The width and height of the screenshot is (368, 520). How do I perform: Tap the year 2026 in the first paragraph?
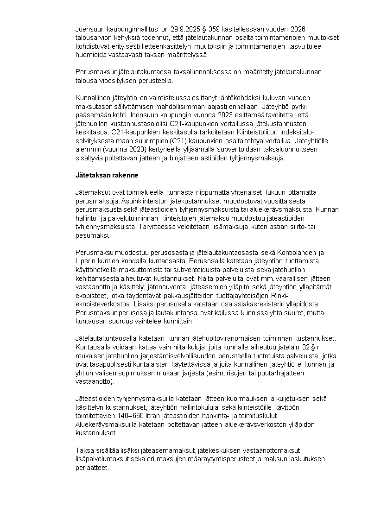pyautogui.click(x=298, y=30)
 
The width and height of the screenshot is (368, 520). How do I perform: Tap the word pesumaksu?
pyautogui.click(x=91, y=235)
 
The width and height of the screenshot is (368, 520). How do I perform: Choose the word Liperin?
pyautogui.click(x=85, y=261)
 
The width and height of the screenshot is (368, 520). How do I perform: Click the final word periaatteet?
pyautogui.click(x=92, y=467)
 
